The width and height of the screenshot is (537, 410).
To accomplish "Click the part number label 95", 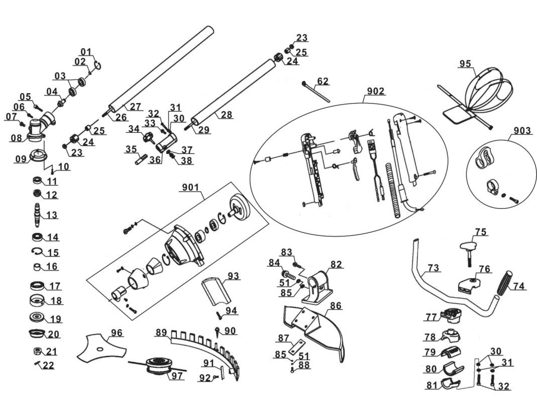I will tap(465, 64).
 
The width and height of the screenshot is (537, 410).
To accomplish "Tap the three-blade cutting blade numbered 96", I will tap(99, 348).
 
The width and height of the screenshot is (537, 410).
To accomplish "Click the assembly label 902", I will tap(376, 91).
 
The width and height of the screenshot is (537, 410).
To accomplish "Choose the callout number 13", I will tap(52, 215).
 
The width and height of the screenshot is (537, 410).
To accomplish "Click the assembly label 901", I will tap(190, 188).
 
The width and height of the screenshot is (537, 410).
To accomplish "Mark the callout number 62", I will tap(323, 81).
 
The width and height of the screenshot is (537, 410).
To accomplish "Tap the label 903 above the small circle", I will tap(522, 131).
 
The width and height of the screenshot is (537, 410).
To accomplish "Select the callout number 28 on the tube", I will tap(227, 115).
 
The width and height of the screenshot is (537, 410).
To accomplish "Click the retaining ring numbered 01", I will tap(99, 65).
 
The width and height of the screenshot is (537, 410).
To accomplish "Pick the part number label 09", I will tap(21, 159).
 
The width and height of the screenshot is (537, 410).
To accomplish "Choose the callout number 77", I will tap(431, 317).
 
